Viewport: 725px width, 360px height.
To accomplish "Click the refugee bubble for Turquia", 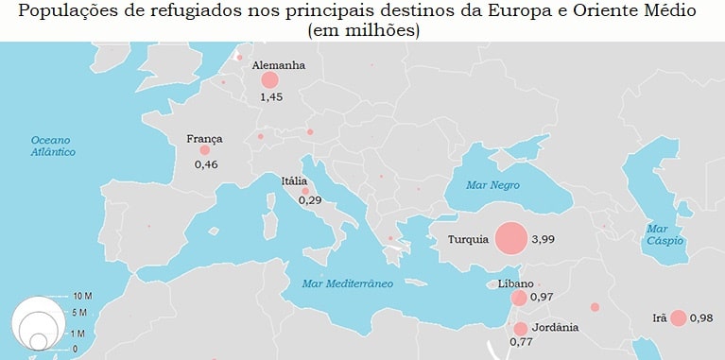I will point(510,238).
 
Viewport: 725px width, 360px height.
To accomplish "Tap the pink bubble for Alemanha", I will point(269,81).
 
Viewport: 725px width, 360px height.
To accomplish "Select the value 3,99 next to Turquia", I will point(543,239).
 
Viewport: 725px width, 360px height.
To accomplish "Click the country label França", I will point(205,138).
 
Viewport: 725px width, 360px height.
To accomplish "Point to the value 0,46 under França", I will point(206,164).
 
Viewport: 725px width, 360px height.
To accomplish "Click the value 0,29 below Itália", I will point(310,200).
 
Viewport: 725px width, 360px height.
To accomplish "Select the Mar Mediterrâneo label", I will point(347,283).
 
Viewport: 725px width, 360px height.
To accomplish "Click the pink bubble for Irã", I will point(678,318).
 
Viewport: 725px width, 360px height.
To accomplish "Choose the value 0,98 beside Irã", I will point(701,318).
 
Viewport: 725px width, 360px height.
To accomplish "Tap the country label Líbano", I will point(516,283).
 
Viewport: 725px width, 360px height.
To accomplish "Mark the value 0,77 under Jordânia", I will point(521,341).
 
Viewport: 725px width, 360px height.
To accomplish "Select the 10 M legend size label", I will point(81,297).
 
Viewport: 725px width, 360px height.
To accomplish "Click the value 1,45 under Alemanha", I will point(271,97).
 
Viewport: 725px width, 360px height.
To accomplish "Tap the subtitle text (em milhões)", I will point(363,30).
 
